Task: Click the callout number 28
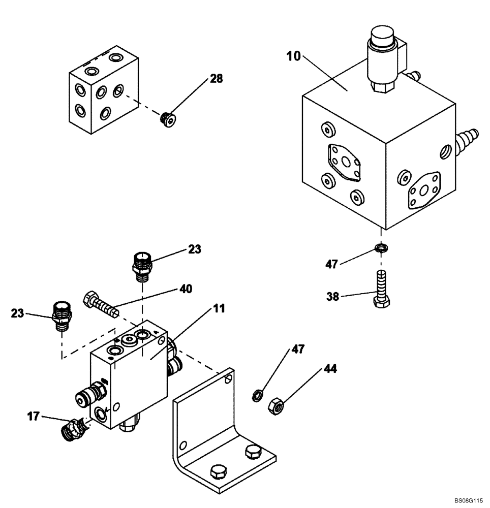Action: click(x=216, y=79)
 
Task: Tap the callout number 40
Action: click(x=185, y=289)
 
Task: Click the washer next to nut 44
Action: click(x=258, y=395)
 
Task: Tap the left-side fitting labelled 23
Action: click(x=61, y=315)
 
